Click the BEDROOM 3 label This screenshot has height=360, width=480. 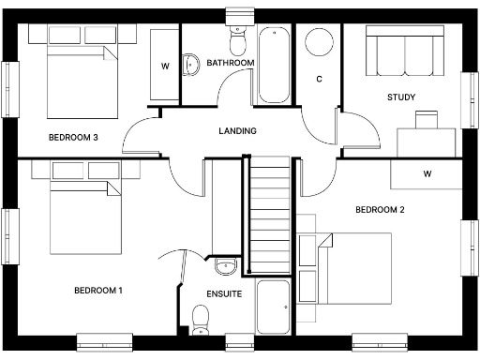(x=73, y=137)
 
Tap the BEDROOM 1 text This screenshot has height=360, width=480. (x=98, y=290)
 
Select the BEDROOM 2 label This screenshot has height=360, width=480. (x=380, y=209)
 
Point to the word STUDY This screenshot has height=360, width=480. (x=401, y=97)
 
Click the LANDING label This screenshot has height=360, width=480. (x=237, y=130)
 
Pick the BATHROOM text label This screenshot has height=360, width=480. (x=232, y=63)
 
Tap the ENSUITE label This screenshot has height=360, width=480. (x=224, y=293)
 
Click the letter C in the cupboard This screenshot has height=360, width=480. (x=320, y=79)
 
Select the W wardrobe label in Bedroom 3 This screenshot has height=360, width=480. (x=165, y=66)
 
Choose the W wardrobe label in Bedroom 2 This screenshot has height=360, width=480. (x=427, y=173)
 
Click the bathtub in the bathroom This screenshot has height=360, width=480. (x=275, y=64)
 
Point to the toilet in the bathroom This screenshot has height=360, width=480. (x=235, y=40)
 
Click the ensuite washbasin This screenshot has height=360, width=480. (x=225, y=268)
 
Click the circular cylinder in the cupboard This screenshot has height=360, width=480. (x=320, y=43)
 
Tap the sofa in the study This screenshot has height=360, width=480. (x=402, y=52)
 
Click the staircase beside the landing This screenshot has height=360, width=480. (x=270, y=216)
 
